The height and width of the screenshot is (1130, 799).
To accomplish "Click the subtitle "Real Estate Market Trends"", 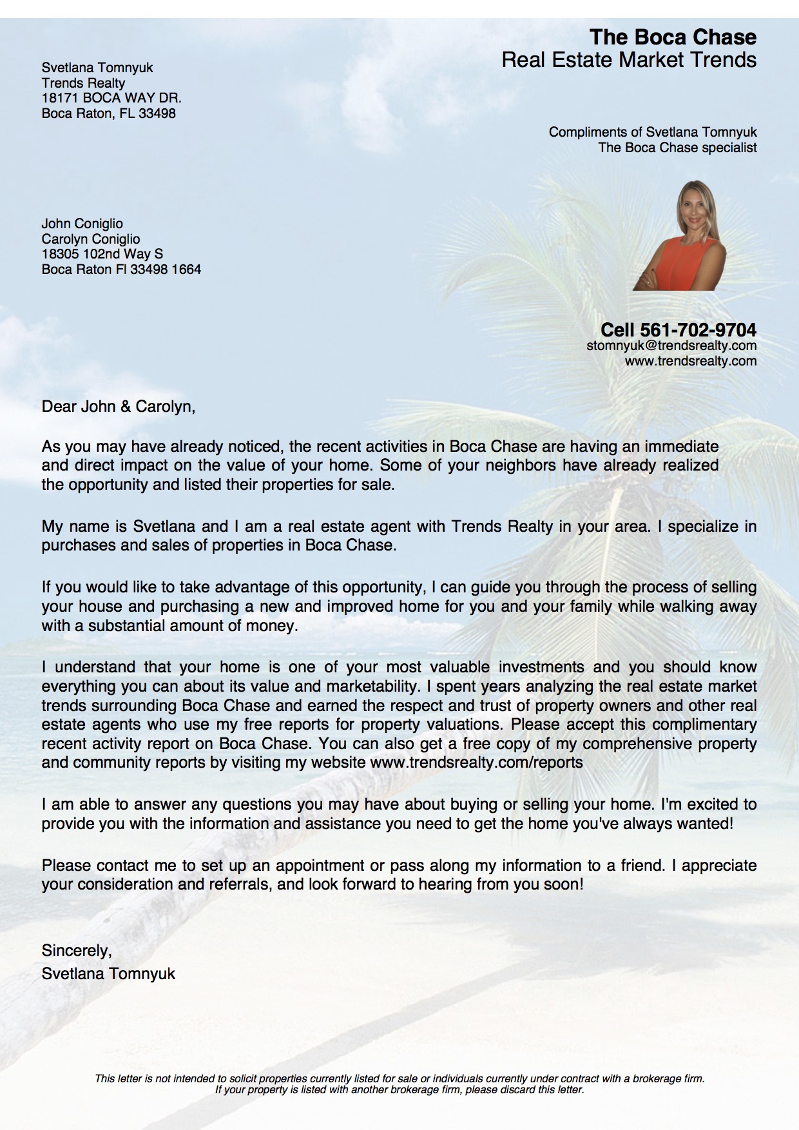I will tap(629, 60).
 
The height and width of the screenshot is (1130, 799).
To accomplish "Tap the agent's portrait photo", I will tap(680, 236).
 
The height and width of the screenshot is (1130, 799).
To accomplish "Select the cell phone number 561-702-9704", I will tap(698, 330).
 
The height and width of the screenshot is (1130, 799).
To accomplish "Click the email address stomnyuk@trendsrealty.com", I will tap(671, 346).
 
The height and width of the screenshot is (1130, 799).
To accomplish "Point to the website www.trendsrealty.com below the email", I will tap(690, 361).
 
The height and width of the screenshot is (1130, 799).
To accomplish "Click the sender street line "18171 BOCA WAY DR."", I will tap(111, 98).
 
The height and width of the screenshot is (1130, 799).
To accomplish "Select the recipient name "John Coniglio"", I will tap(82, 224).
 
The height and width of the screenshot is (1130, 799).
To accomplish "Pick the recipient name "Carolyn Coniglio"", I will tap(90, 239).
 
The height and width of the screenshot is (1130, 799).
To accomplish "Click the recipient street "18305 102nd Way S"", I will tap(102, 254).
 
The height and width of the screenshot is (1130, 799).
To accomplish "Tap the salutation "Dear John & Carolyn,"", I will tap(118, 407).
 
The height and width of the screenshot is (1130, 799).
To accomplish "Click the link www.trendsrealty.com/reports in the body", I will tap(477, 763).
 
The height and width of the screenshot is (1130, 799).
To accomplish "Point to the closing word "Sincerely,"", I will tap(77, 950).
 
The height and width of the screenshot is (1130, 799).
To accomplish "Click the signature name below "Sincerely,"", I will tap(108, 973).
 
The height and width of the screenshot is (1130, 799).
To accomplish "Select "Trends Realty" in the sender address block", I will tap(83, 83).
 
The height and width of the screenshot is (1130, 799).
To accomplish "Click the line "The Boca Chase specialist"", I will tap(677, 148).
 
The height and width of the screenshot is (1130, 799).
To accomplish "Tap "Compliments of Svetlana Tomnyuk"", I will tap(653, 132).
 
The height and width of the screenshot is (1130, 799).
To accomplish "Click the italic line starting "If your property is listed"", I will tap(400, 1089).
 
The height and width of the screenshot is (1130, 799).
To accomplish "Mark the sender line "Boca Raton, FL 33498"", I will tap(108, 113).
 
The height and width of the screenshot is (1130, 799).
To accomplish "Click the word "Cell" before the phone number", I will tap(617, 330).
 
